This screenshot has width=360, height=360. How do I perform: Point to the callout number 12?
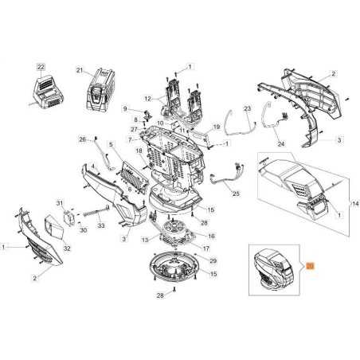point(147,98)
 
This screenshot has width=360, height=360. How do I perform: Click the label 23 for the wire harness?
point(247,108)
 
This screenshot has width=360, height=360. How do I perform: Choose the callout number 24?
point(281,145)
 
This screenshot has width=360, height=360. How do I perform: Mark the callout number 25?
point(236,194)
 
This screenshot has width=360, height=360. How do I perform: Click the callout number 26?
point(82,140)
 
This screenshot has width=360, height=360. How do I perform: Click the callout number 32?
point(67,249)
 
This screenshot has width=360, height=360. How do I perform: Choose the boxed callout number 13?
point(144,240)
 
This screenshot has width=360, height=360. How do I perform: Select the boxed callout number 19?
point(215,126)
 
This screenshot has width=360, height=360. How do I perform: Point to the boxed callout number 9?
point(126,108)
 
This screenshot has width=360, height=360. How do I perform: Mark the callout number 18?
point(138,151)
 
